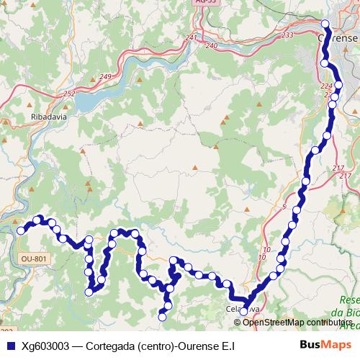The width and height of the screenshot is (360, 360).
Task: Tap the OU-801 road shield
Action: tap(34, 258)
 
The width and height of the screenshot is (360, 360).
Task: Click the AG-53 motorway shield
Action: tap(205, 4)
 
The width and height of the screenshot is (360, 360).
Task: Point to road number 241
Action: tap(192, 38)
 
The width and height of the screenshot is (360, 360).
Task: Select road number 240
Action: tap(211, 45)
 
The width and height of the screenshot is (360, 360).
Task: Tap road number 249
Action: tap(105, 77)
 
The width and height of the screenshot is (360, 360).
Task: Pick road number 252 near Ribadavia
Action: tap(69, 94)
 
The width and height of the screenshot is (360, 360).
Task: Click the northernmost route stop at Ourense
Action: tap(325, 24)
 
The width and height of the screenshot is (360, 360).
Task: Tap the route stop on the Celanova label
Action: tap(244, 311)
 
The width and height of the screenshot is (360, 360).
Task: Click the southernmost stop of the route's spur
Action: tap(162, 316)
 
